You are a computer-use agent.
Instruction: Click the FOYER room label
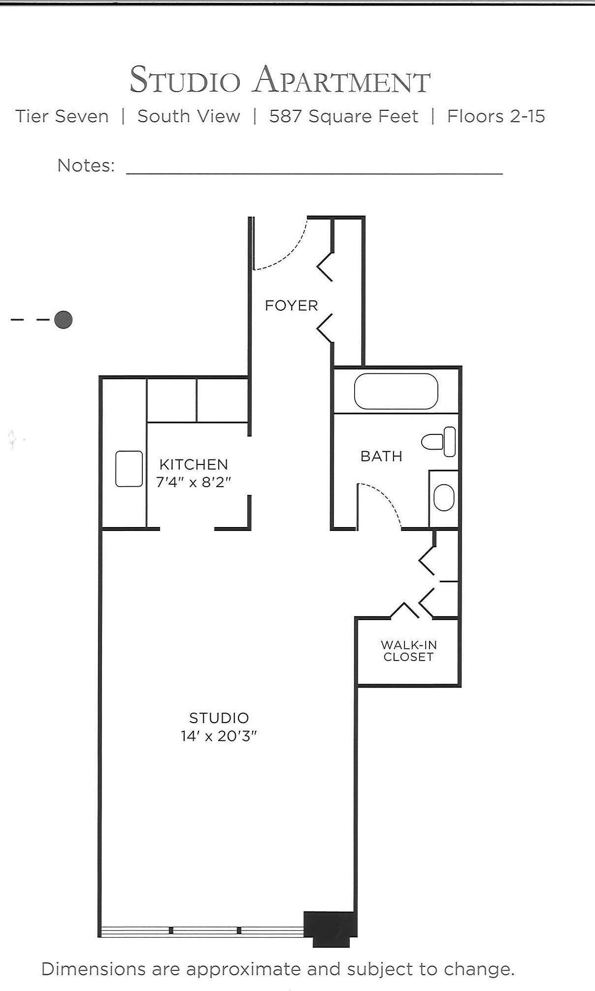pos(291,305)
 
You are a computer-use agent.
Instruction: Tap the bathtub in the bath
pos(396,392)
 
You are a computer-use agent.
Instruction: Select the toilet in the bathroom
pos(439,441)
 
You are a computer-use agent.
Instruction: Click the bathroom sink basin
pos(444,497)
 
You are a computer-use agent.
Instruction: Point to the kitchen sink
pos(129,469)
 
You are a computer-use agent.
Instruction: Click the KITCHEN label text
pos(194,464)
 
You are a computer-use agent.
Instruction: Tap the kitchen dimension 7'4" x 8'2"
pos(194,482)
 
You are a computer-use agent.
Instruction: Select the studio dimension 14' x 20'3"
pos(219,736)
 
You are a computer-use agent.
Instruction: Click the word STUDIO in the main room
pos(219,718)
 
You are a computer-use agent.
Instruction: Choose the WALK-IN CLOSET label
pos(408,651)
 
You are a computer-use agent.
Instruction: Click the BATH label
pos(381,457)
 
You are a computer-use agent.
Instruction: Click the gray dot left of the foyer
pos(64,320)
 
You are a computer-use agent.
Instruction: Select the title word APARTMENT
pos(342,80)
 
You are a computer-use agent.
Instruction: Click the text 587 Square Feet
pos(343,117)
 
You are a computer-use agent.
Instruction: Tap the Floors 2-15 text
pos(496,117)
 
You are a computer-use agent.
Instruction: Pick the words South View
pos(189,117)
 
